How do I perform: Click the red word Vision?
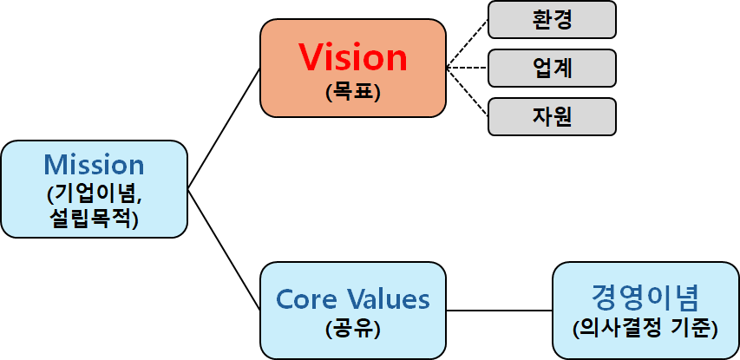353,57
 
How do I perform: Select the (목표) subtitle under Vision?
353,92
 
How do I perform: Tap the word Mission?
94,164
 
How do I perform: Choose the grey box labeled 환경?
552,19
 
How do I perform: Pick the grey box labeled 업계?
552,68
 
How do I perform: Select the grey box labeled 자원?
552,116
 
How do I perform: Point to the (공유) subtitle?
353,331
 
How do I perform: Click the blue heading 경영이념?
645,298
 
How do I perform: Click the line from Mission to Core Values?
224,249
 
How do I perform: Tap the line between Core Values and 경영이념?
499,310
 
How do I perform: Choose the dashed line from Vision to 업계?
467,68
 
